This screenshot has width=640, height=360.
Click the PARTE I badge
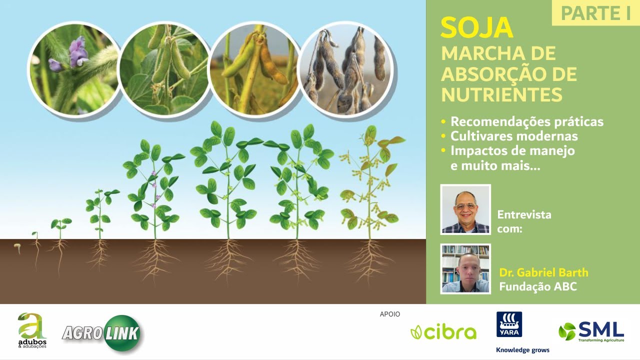tap(595, 13)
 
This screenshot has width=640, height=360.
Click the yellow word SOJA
tap(476, 28)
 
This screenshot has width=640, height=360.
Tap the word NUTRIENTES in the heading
tap(501, 94)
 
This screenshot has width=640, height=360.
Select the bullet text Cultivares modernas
tap(514, 136)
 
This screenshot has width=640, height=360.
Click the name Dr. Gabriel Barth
tap(543, 272)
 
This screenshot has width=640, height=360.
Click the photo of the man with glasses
tap(465, 209)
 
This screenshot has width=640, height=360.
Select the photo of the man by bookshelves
tap(465, 268)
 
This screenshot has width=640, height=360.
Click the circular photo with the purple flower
tap(74, 69)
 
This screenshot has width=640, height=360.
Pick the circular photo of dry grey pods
tap(345, 69)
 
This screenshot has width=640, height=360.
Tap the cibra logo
tap(443, 332)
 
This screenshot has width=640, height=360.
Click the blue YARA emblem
tap(509, 324)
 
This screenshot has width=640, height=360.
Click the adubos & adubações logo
tap(31, 330)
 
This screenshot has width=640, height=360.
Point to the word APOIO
tap(390, 314)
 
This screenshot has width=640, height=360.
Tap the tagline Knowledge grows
tap(522, 350)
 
